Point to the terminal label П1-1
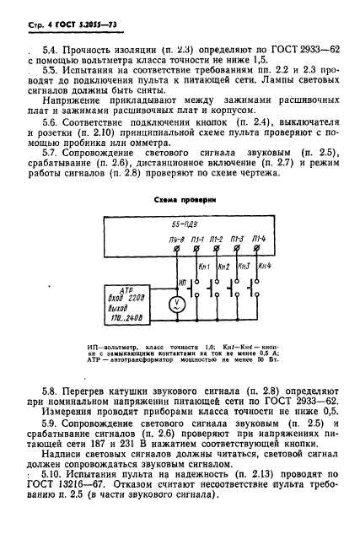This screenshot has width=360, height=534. click(200, 240)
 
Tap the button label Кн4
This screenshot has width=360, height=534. click(264, 267)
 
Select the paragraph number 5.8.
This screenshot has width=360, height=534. click(51, 391)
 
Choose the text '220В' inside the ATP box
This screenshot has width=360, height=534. click(136, 298)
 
